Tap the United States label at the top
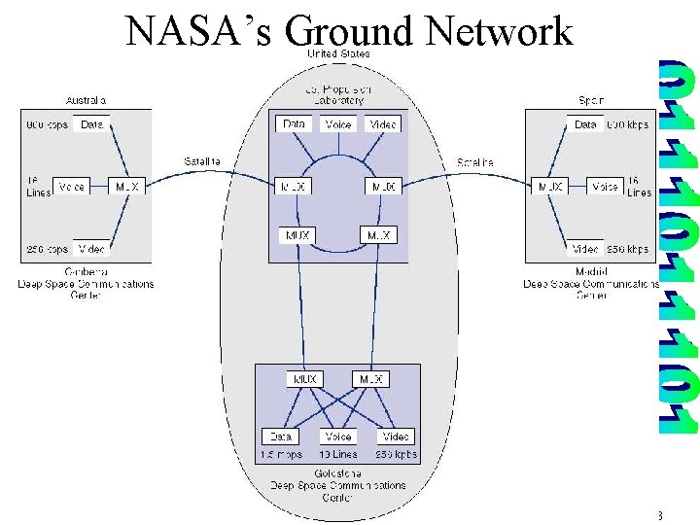tap(338, 54)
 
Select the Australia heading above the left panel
tap(86, 100)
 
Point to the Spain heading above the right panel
tap(591, 100)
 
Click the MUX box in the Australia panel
tap(127, 186)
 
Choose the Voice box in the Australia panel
tap(71, 186)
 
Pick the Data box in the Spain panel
tap(585, 124)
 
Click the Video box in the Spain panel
tap(585, 249)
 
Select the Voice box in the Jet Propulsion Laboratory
tap(338, 124)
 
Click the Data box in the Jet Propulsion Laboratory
tap(293, 124)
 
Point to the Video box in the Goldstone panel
tap(396, 437)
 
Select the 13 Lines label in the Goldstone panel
tap(338, 454)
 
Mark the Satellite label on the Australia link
tap(202, 160)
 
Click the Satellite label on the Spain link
tap(475, 160)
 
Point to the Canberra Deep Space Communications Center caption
tap(86, 284)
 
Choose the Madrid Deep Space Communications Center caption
tap(591, 284)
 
